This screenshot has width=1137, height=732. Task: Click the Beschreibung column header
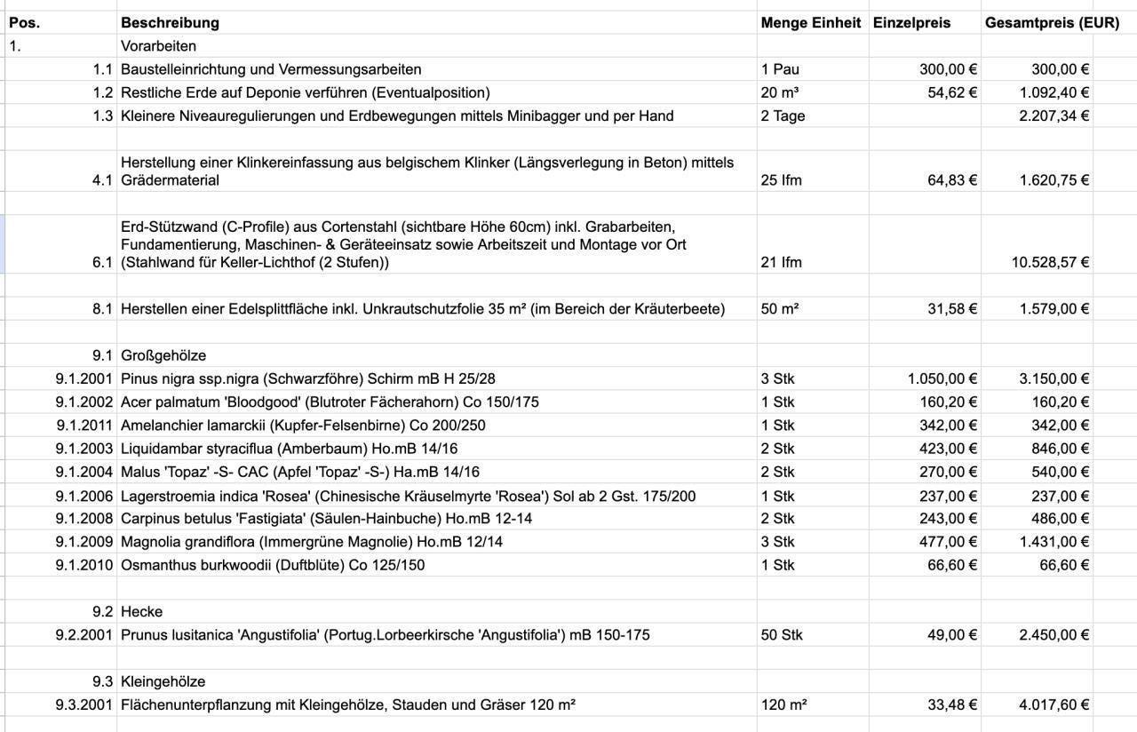[170, 23]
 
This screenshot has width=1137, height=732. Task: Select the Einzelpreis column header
[911, 23]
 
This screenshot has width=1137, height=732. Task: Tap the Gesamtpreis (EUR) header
[1052, 23]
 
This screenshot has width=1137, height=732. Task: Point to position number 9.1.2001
[83, 378]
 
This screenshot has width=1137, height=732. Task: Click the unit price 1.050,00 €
[942, 378]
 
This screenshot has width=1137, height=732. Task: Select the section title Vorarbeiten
[158, 46]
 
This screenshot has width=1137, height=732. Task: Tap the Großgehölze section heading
[163, 355]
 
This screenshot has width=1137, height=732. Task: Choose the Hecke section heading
[142, 611]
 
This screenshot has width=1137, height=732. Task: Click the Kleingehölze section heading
[163, 681]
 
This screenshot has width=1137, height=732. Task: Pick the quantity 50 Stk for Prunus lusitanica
[782, 634]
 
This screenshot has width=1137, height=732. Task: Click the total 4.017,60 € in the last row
[1054, 704]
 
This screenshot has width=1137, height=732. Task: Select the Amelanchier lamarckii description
[303, 425]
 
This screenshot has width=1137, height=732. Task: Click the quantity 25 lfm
[781, 180]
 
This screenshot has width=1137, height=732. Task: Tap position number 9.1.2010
[83, 565]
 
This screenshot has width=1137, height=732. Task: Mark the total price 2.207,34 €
[1054, 115]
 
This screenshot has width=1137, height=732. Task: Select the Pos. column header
[24, 23]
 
